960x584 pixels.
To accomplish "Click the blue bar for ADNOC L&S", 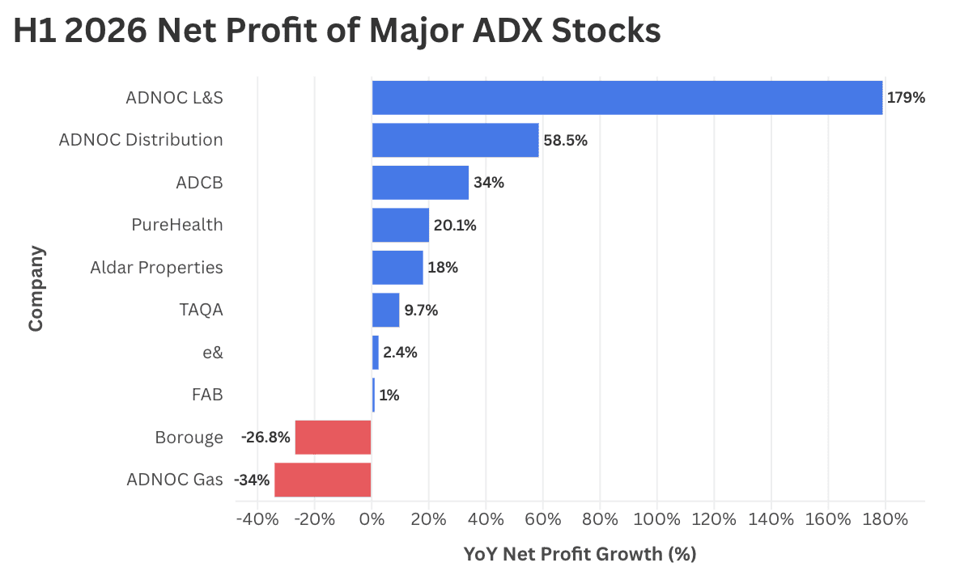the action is pos(627,98).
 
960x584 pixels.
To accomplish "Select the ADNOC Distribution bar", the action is pos(456,140).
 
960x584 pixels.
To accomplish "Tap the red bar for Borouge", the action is pos(333,438).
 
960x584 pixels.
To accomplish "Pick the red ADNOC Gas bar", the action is pos(323,480).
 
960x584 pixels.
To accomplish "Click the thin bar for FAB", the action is pos(373,395).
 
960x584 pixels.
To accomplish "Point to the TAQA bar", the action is pos(386,310).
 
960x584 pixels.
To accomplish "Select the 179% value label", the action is pos(906,98).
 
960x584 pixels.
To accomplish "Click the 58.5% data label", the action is pos(565,141).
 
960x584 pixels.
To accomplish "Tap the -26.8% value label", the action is pos(265,438).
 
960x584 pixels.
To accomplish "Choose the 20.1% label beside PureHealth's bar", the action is pos(455,226).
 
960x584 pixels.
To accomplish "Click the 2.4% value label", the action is pos(401,353).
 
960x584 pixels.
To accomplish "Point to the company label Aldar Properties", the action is pos(156,268).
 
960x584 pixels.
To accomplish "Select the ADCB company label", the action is pos(199,183).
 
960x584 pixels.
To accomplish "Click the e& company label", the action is pos(213,353).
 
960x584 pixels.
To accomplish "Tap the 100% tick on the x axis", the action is pos(657,520).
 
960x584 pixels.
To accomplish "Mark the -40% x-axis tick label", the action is pos(257,520).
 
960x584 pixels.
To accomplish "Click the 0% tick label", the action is pos(372,520).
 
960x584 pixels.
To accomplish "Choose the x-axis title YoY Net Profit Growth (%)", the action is pos(580,554).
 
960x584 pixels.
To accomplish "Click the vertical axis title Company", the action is pos(36,289).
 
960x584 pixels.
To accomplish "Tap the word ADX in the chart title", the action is pos(508,30).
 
